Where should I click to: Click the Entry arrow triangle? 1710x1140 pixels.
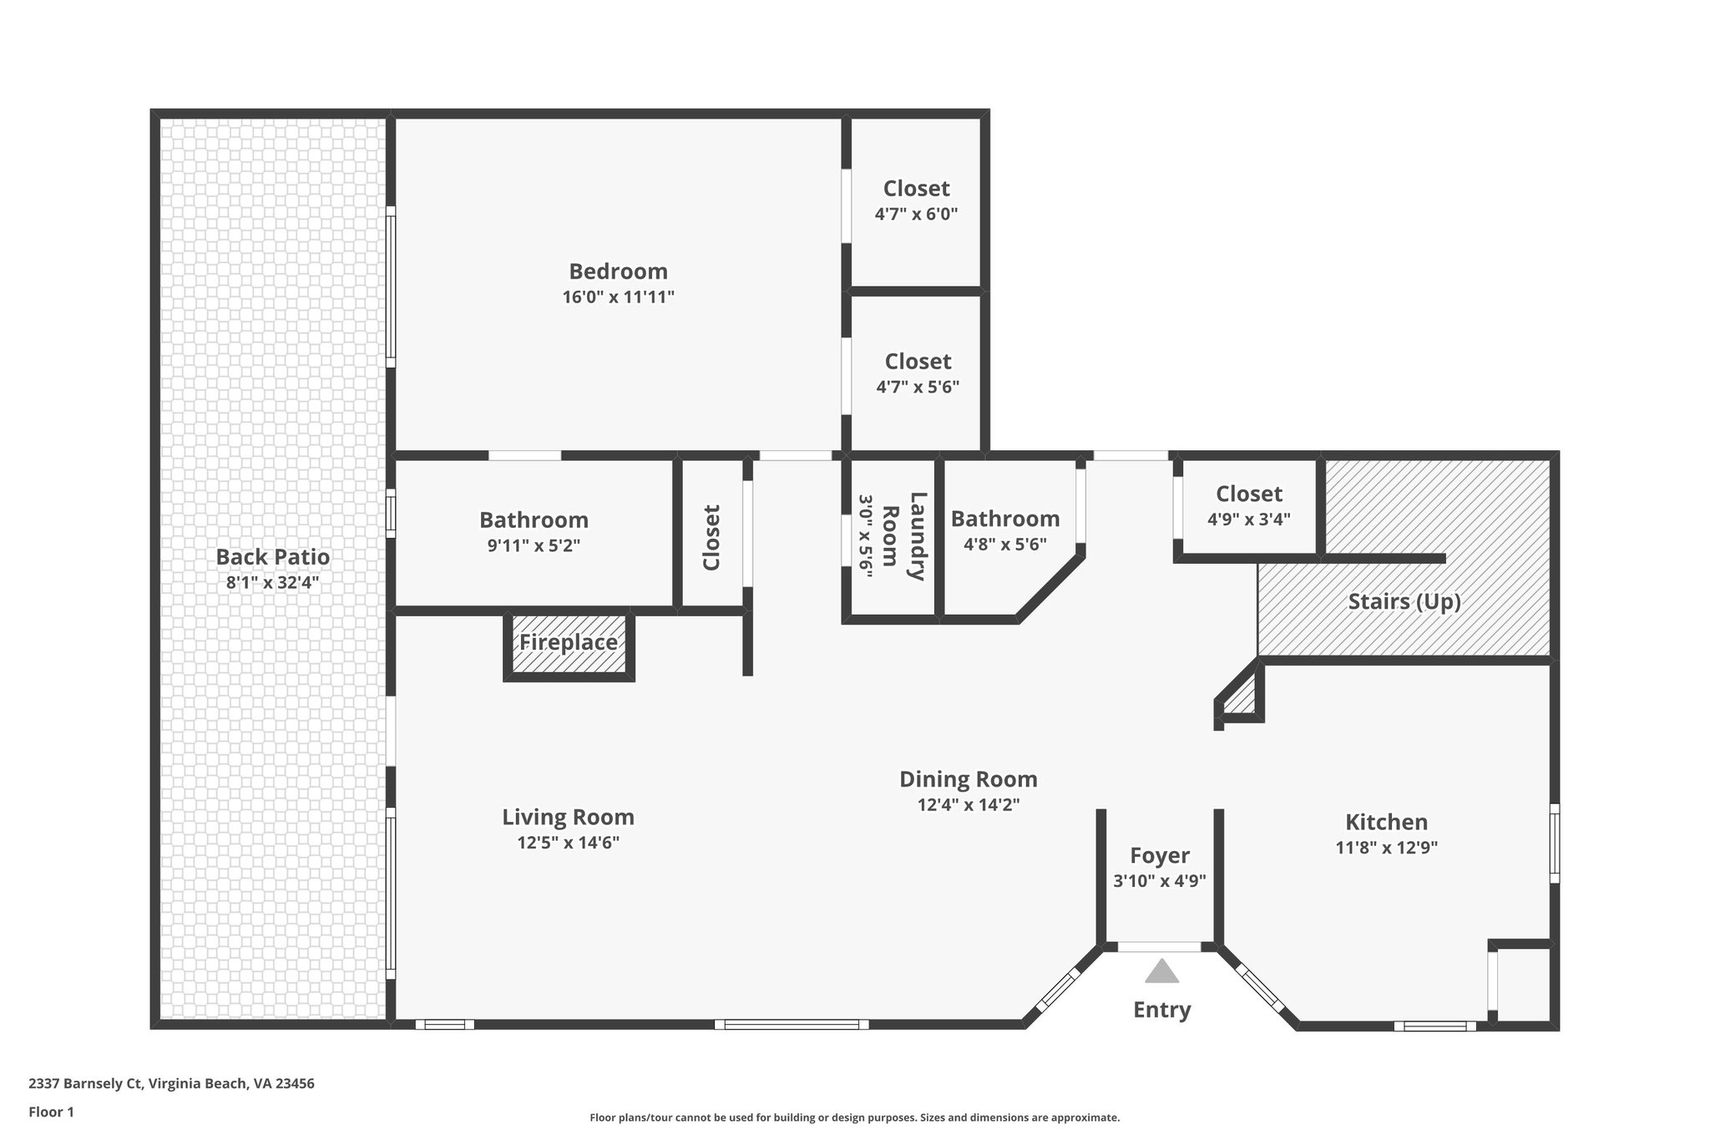[x=1161, y=971]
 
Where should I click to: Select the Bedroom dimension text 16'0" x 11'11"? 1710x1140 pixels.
[x=618, y=296]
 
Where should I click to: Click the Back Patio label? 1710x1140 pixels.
[x=273, y=557]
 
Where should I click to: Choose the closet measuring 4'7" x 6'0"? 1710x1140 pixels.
[x=916, y=200]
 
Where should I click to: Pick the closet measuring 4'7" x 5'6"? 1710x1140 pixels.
[x=918, y=373]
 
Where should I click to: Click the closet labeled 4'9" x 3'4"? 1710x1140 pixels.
[x=1248, y=506]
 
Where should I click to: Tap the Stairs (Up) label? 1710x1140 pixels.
[x=1404, y=601]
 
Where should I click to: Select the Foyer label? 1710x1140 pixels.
[x=1160, y=855]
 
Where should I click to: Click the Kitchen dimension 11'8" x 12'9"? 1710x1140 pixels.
[x=1386, y=848]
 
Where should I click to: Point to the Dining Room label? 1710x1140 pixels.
[x=968, y=779]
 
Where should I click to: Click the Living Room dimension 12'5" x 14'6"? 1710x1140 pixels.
[x=568, y=843]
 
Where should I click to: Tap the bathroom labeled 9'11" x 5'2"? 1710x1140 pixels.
[x=534, y=532]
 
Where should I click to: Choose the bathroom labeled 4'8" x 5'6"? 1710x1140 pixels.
[x=1005, y=530]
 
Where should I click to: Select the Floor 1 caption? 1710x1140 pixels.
[x=51, y=1112]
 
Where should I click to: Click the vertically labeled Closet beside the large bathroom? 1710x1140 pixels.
[x=711, y=537]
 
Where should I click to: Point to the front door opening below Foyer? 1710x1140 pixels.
[x=1160, y=947]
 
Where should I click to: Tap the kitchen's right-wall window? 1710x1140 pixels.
[x=1554, y=843]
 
